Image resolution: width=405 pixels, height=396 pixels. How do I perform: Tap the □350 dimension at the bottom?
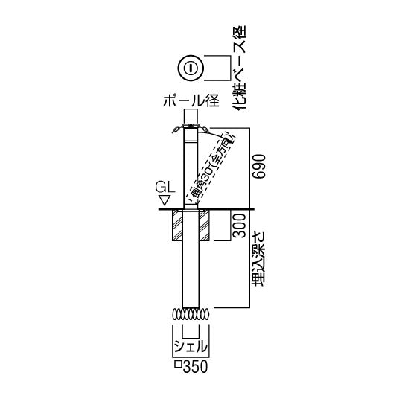pos(191,365)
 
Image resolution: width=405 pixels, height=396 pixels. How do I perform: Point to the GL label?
pos(164,185)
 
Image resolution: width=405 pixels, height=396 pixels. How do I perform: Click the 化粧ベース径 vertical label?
pos(239,68)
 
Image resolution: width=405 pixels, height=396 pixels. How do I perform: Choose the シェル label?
pos(191,346)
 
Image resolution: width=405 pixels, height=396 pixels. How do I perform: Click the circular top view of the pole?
pos(191,68)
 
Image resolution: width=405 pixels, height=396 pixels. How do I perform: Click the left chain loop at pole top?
pos(176,130)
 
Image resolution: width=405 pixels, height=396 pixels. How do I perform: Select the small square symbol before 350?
pos(176,366)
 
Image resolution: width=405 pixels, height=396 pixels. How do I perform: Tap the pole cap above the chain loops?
pos(191,121)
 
